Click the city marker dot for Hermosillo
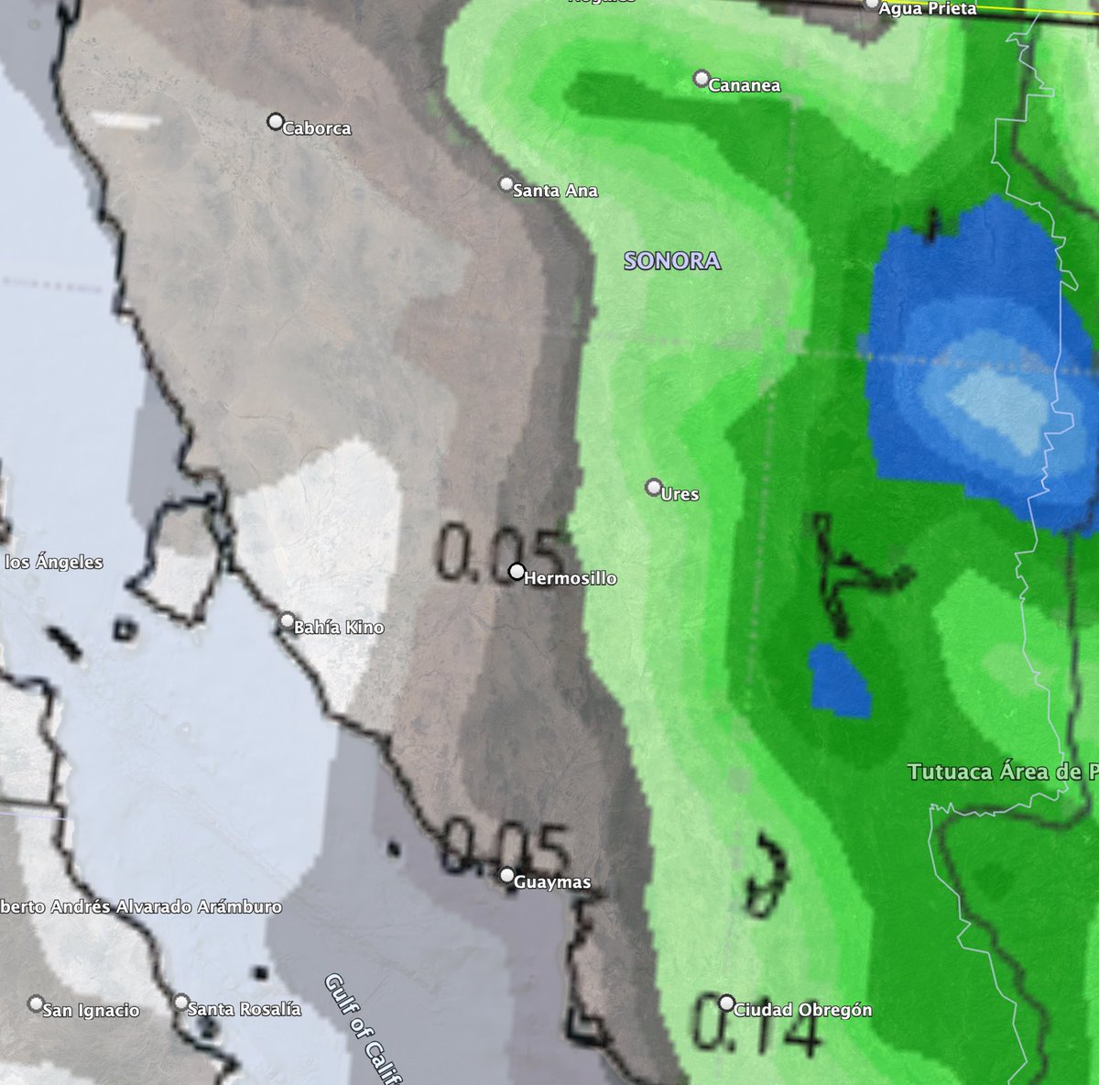pos(517,572)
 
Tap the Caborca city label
pos(317,128)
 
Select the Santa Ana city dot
pos(506,184)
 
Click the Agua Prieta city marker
pos(871,4)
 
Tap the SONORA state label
pos(672,261)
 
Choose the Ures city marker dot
pos(654,486)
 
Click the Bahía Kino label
pos(339,628)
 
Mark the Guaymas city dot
pos(507,875)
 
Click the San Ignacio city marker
pos(37,1003)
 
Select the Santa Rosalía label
pos(244,1009)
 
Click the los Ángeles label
pos(54,563)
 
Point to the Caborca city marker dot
pos(275,121)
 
